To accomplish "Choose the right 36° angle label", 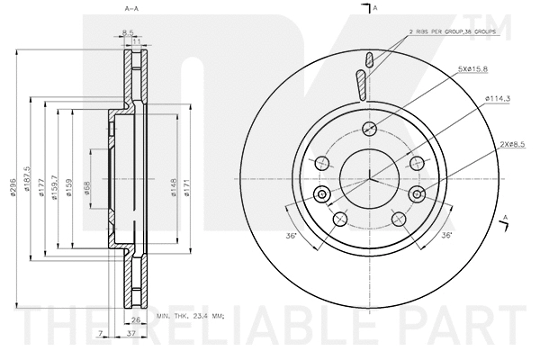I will click(445, 236).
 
